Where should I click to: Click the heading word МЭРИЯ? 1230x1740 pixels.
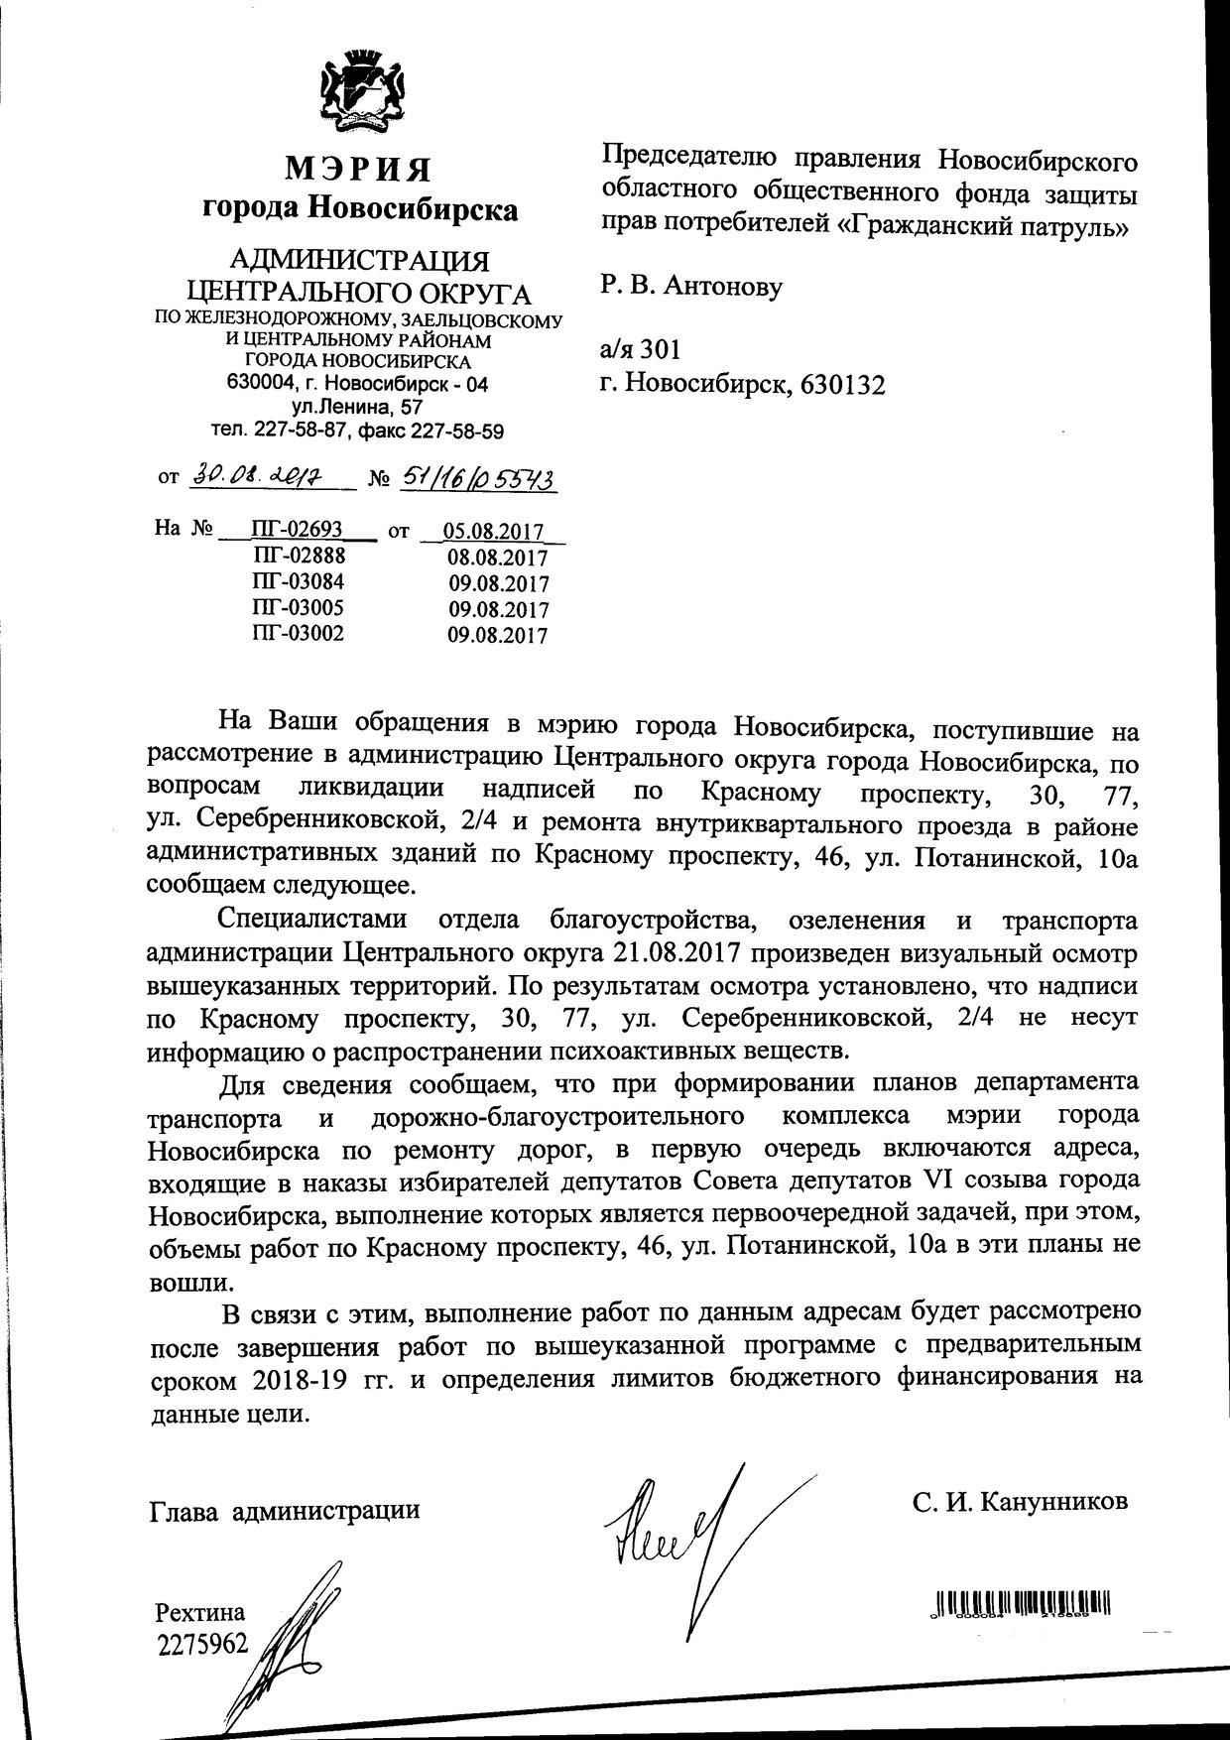click(359, 170)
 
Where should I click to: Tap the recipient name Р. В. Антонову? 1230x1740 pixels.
click(691, 288)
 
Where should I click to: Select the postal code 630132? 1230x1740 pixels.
click(838, 385)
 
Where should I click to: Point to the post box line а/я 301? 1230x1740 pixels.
click(640, 349)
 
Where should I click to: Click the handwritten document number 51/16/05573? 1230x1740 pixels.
click(477, 479)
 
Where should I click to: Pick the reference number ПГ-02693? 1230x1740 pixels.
click(298, 530)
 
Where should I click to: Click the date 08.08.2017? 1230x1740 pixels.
click(497, 557)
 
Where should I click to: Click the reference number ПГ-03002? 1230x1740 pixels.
click(299, 633)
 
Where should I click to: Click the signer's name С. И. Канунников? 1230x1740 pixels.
click(1021, 1501)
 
